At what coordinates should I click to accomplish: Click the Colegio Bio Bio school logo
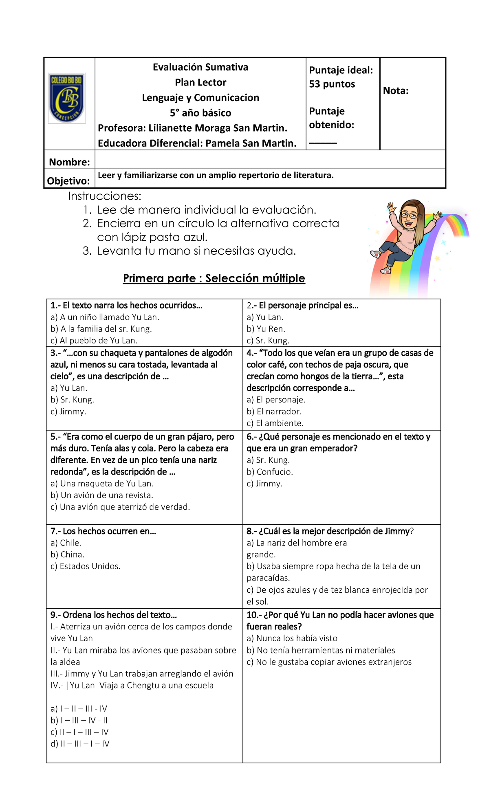[67, 98]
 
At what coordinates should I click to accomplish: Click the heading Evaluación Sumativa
[200, 67]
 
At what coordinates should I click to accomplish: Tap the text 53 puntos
[332, 84]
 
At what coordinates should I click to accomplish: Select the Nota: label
[395, 91]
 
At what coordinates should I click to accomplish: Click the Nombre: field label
[69, 162]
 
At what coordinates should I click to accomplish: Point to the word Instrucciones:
[105, 196]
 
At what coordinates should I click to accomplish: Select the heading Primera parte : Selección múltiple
[214, 278]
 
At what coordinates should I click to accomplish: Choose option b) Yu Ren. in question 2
[266, 329]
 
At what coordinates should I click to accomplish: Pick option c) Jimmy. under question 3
[68, 411]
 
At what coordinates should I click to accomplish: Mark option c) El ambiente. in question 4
[275, 423]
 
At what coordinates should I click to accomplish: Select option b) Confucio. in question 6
[270, 472]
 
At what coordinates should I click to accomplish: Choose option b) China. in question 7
[68, 554]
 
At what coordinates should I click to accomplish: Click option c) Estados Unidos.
[86, 566]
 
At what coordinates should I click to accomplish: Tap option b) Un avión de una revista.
[102, 495]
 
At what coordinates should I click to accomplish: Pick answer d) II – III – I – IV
[80, 744]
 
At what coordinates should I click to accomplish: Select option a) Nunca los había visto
[292, 638]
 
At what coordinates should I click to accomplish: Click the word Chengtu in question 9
[142, 685]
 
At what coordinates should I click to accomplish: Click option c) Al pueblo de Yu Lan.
[94, 341]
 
